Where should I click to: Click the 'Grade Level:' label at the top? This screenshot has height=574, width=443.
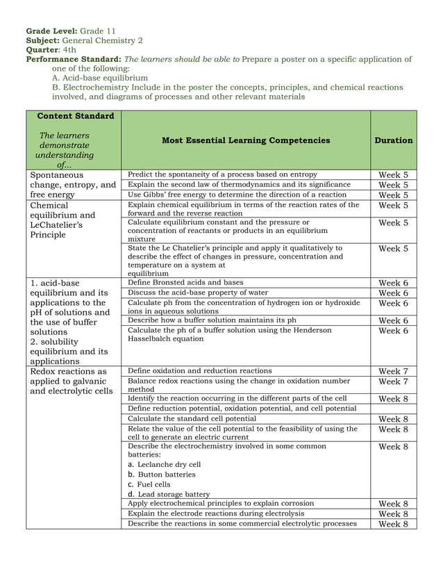click(51, 31)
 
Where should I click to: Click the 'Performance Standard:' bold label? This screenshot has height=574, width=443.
click(73, 60)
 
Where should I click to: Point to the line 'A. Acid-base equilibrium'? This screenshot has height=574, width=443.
click(100, 79)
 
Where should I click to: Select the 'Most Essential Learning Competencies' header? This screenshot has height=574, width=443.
click(246, 140)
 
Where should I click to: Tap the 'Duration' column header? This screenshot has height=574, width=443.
click(393, 140)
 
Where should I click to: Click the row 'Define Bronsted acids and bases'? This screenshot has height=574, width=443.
click(185, 283)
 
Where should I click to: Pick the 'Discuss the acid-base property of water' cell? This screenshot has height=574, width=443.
click(198, 293)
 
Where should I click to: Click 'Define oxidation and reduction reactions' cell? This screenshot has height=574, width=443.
click(200, 371)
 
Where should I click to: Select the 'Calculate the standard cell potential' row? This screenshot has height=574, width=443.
click(192, 419)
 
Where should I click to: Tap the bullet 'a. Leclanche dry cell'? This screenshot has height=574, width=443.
click(165, 464)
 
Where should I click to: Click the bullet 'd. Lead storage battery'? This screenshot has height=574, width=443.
click(169, 494)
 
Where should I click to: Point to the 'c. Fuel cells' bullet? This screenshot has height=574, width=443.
click(149, 484)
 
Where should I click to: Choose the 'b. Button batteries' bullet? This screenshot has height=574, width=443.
click(162, 475)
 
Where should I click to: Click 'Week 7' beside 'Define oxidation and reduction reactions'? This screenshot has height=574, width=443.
click(393, 372)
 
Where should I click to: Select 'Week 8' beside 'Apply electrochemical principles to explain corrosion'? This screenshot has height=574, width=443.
click(393, 504)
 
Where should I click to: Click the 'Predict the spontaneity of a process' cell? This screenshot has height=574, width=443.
click(222, 174)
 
